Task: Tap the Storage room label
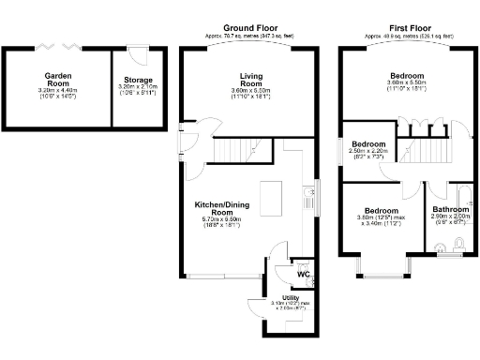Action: (140, 80)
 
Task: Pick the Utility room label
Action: (291, 297)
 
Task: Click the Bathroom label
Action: (450, 209)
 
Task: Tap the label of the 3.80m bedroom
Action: (379, 211)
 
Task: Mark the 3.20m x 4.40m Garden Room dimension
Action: (58, 89)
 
